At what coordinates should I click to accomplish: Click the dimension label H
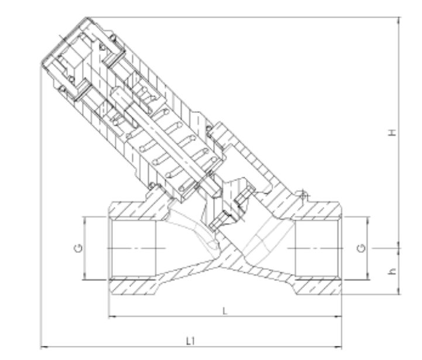pyautogui.click(x=393, y=132)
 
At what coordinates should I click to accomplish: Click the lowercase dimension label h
pyautogui.click(x=393, y=271)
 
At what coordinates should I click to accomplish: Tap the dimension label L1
pyautogui.click(x=191, y=341)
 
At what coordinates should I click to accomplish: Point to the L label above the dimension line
pyautogui.click(x=225, y=311)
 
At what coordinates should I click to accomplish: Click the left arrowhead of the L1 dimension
pyautogui.click(x=44, y=347)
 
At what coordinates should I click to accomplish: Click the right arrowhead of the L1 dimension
pyautogui.click(x=338, y=347)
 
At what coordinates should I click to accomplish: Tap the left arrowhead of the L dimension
pyautogui.click(x=112, y=317)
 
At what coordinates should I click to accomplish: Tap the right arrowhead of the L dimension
pyautogui.click(x=338, y=317)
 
